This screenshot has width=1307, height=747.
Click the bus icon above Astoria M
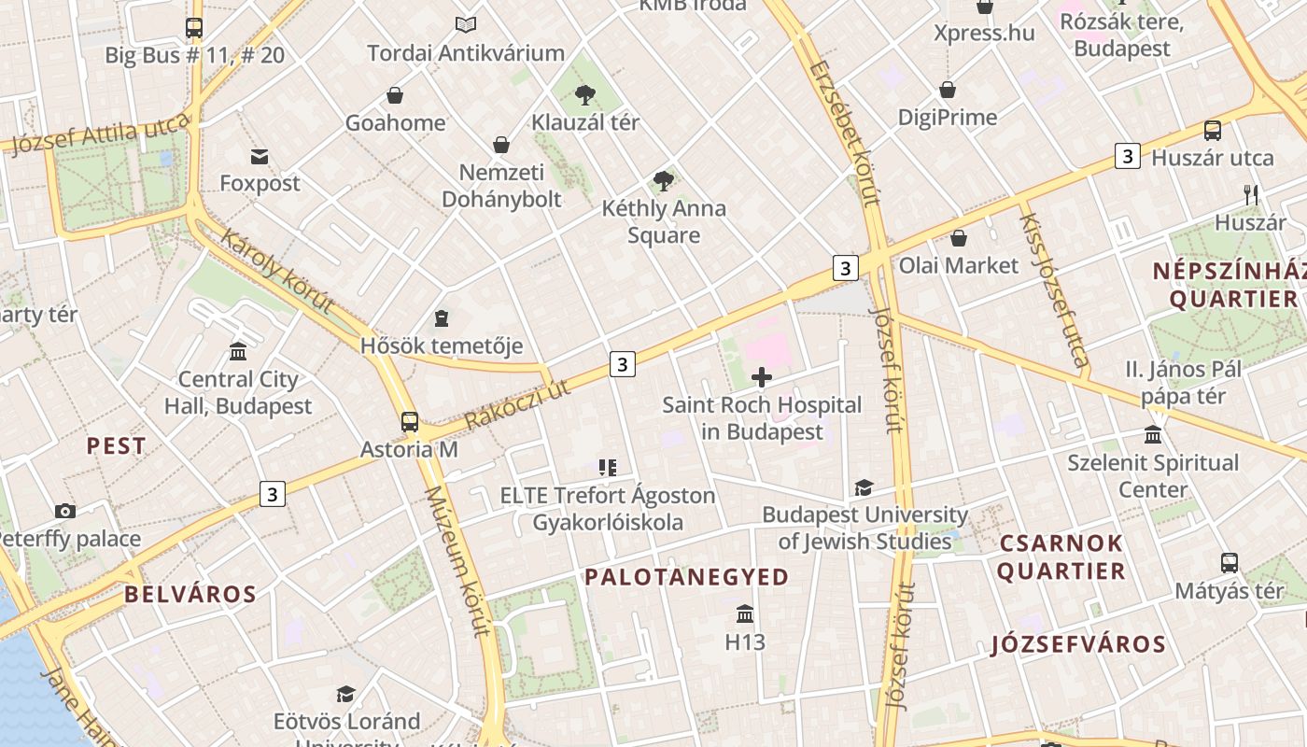409,421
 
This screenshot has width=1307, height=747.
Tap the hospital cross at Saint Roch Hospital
762,377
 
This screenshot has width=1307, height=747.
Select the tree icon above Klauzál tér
585,94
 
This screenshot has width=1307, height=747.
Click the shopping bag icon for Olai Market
958,238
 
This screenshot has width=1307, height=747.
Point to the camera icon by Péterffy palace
64,511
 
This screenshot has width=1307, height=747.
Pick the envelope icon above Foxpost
260,156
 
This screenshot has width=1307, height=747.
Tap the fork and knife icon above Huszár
1251,195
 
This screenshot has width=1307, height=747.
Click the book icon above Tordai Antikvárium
465,25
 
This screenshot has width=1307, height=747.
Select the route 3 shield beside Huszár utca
1128,157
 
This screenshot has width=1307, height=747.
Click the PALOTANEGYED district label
687,577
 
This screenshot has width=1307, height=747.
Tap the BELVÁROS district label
190,595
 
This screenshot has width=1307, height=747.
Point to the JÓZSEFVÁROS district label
1078,644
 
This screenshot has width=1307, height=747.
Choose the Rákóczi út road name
516,404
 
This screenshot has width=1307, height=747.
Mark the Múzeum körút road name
457,560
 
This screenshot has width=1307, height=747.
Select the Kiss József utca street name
1054,289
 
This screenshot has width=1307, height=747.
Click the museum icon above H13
745,613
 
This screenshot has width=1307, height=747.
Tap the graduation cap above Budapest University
864,488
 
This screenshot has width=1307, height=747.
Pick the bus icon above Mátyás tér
1230,563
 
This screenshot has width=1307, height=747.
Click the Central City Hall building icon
238,352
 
